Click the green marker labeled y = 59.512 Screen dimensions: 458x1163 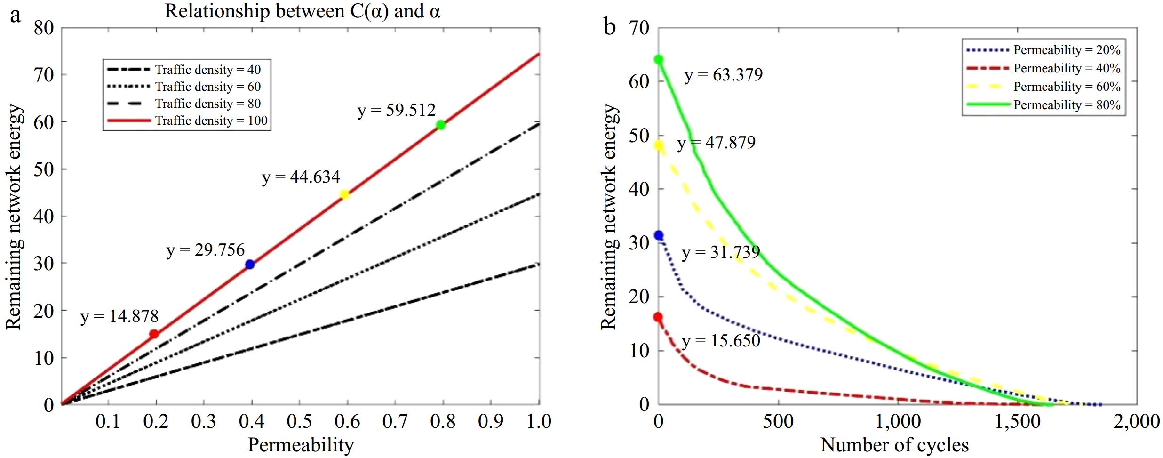(x=441, y=125)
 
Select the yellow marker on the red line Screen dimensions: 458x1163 (x=344, y=194)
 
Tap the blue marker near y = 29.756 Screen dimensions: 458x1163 (x=250, y=265)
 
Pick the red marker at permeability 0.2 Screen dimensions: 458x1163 (x=154, y=334)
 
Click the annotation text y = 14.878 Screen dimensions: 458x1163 (x=119, y=316)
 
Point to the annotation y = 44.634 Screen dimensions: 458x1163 (x=301, y=177)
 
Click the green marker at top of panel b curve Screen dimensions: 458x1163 (x=659, y=59)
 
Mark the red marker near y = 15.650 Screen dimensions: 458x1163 (x=658, y=317)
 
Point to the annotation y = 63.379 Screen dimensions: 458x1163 (x=724, y=75)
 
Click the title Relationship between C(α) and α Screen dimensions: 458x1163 (x=302, y=11)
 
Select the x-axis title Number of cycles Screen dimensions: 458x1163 (x=894, y=445)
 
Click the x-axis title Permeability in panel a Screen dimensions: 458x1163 (x=301, y=445)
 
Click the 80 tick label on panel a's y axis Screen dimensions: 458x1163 (x=44, y=28)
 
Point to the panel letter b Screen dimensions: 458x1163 (x=610, y=27)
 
